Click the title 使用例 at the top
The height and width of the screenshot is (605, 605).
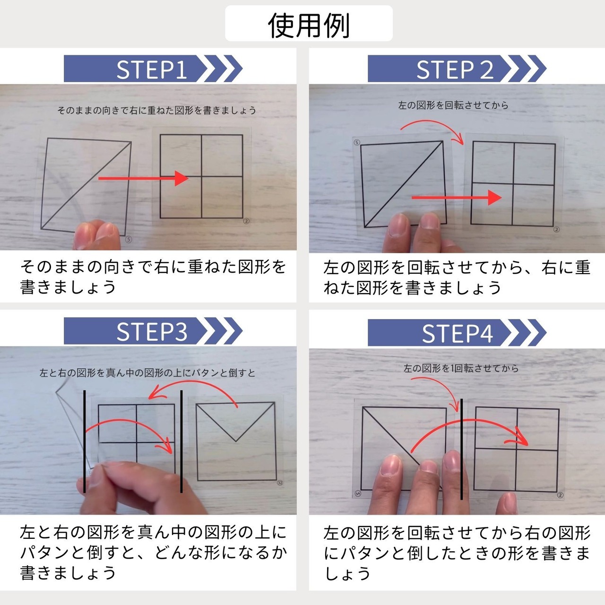click(309, 26)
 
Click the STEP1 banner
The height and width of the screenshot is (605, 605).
click(153, 69)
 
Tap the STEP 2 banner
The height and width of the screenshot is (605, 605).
click(457, 69)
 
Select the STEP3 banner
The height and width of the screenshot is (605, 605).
click(153, 331)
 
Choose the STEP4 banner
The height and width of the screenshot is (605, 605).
click(457, 333)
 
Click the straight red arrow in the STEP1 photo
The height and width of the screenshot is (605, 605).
click(143, 178)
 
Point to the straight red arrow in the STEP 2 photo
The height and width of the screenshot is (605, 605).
click(457, 198)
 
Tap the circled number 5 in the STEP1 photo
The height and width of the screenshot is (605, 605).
click(129, 240)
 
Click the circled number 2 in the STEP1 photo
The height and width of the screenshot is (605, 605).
click(246, 221)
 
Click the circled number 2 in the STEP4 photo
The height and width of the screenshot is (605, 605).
click(561, 495)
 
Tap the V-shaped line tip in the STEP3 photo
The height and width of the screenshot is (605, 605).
click(236, 441)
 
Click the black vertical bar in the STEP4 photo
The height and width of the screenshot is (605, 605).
click(461, 449)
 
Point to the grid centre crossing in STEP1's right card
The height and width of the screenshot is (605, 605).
click(201, 176)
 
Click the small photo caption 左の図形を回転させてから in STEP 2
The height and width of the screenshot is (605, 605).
click(453, 105)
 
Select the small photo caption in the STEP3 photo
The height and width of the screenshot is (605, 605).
click(147, 373)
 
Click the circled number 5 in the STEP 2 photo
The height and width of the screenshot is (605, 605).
click(357, 142)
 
